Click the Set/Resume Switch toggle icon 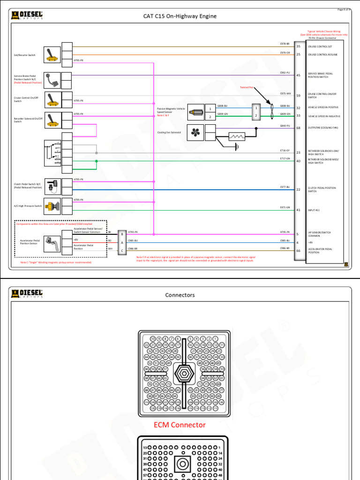[x=51, y=55]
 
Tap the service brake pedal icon [x=51, y=79]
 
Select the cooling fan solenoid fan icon [x=195, y=133]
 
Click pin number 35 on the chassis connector [x=298, y=46]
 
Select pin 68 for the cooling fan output [x=298, y=127]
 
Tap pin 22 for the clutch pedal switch [x=298, y=189]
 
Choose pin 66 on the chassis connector [x=298, y=251]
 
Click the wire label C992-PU [x=285, y=73]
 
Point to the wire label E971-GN [x=285, y=207]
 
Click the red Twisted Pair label [x=247, y=87]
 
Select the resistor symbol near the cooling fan [x=237, y=137]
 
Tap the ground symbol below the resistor [x=237, y=147]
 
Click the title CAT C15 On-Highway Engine [x=180, y=16]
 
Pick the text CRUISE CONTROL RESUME [x=322, y=55]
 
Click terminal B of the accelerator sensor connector [x=122, y=234]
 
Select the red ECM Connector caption [x=180, y=425]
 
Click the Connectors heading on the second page [x=180, y=295]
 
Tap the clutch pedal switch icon [x=53, y=185]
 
